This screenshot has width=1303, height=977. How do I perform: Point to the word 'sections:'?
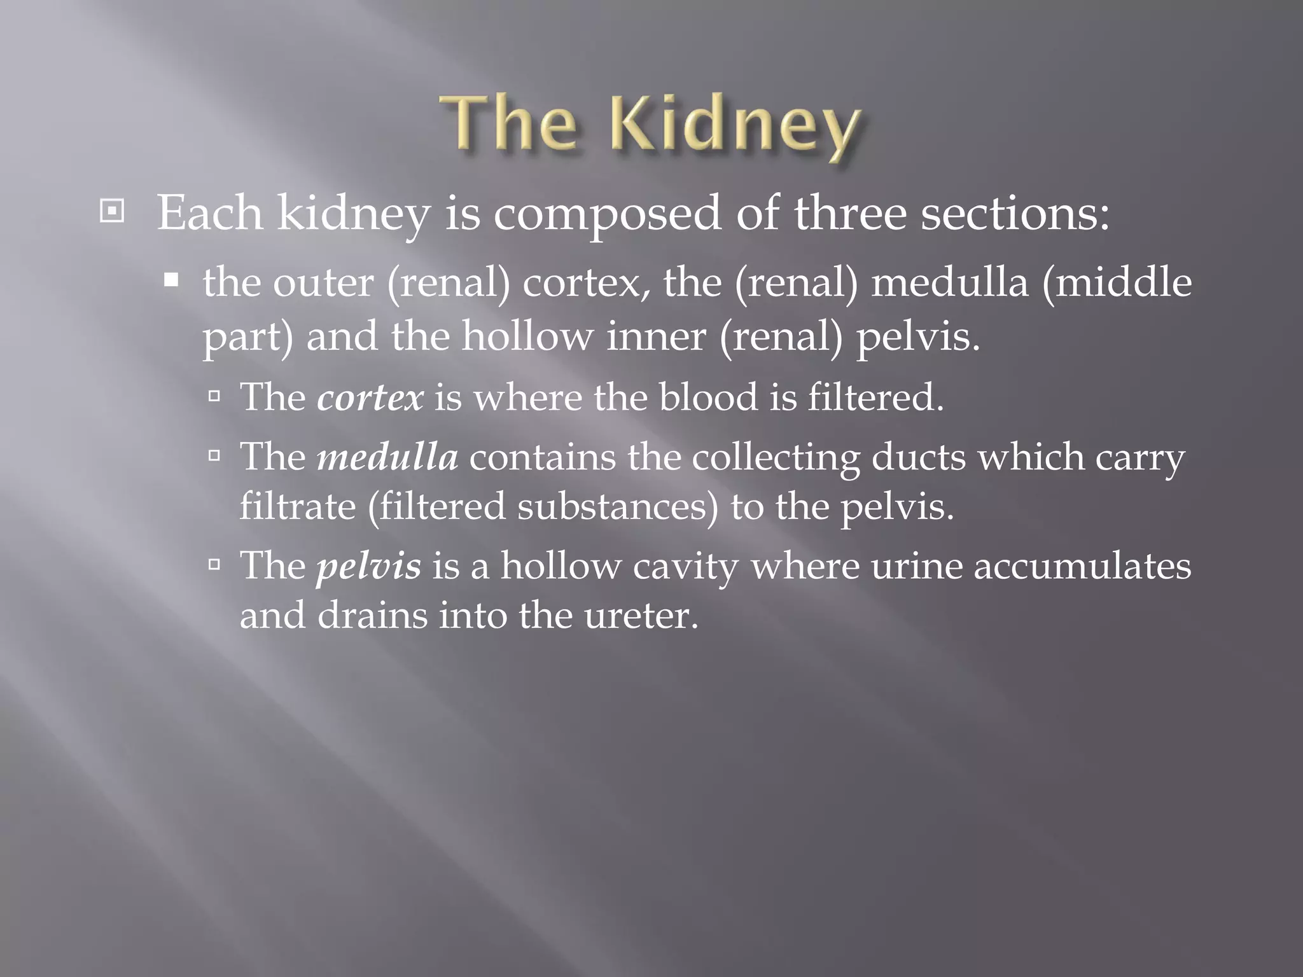click(1015, 212)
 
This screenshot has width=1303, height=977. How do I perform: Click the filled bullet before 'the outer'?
click(171, 281)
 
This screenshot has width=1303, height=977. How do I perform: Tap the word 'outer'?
click(323, 283)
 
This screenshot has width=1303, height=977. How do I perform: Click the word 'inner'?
click(656, 335)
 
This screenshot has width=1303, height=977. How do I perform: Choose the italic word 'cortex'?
click(370, 398)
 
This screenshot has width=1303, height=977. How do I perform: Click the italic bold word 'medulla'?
click(387, 457)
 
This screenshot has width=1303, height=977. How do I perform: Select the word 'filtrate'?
click(298, 506)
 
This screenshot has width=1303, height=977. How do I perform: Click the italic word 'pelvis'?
click(369, 565)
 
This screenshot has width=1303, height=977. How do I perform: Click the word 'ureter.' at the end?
click(641, 616)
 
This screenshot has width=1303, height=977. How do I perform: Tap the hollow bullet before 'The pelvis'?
click(214, 564)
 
